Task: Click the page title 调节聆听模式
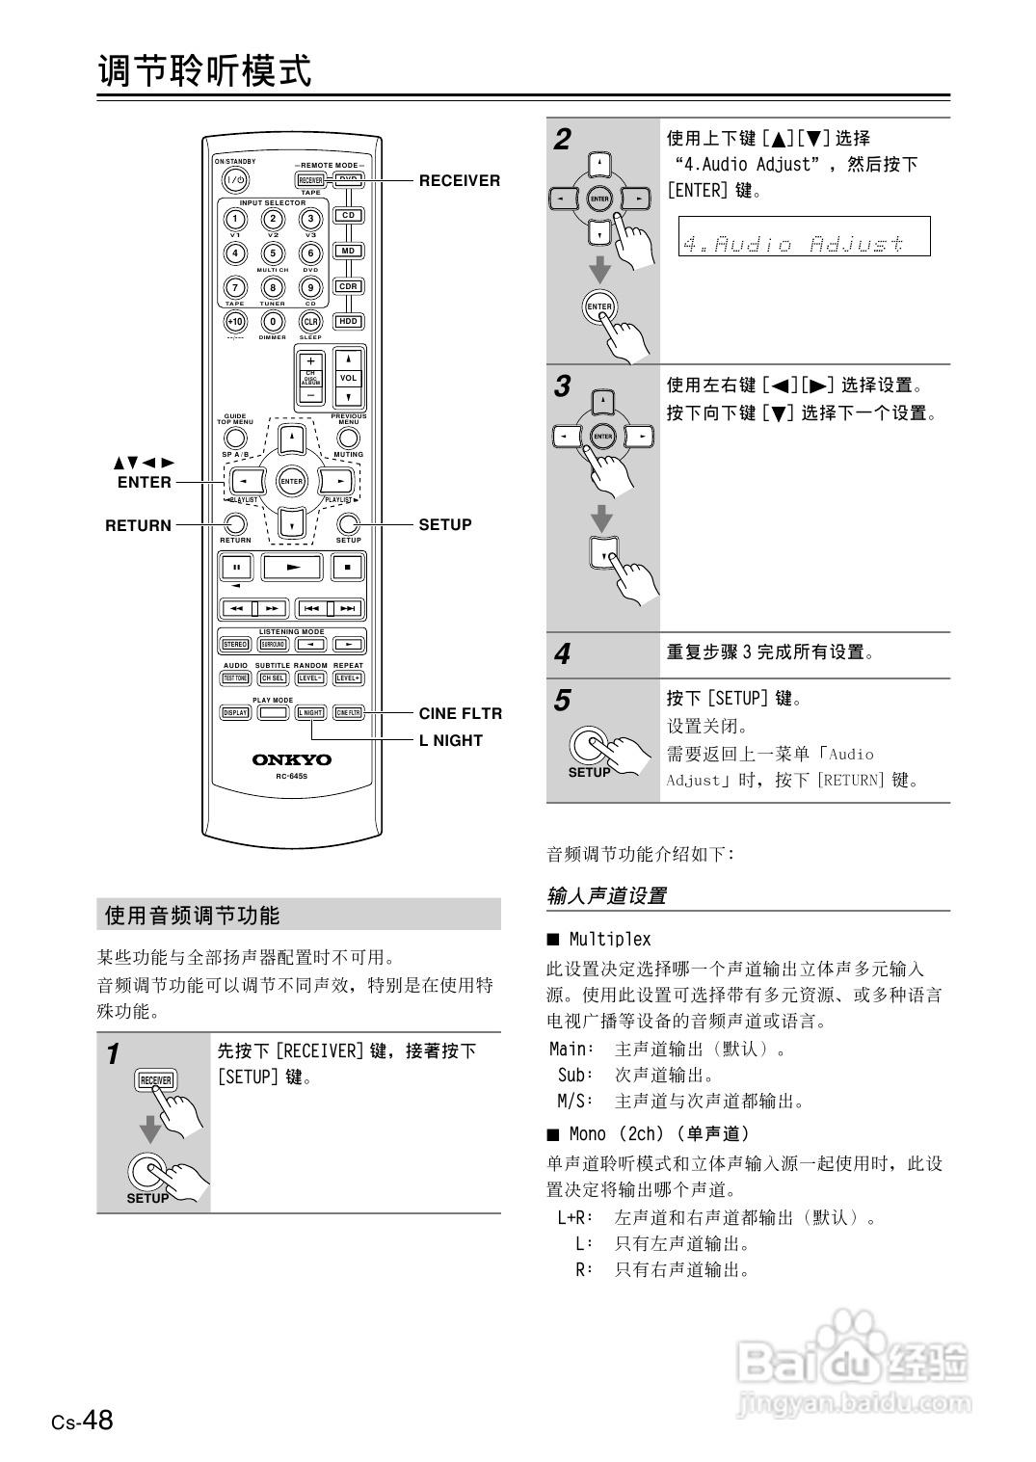point(205,70)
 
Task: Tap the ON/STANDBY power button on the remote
point(235,180)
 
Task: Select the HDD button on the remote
point(348,321)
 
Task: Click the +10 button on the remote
point(235,321)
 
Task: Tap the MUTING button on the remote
point(348,439)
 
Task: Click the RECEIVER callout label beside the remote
point(459,180)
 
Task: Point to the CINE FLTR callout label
point(460,713)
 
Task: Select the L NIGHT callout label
point(450,740)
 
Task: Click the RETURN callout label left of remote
point(138,525)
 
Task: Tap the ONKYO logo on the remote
point(291,759)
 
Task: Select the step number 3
point(563,386)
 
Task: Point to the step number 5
point(563,701)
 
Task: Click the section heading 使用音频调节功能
point(192,916)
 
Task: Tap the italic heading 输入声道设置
point(606,895)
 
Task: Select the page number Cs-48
point(83,1421)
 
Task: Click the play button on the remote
point(292,568)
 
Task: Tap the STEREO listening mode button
point(235,645)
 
